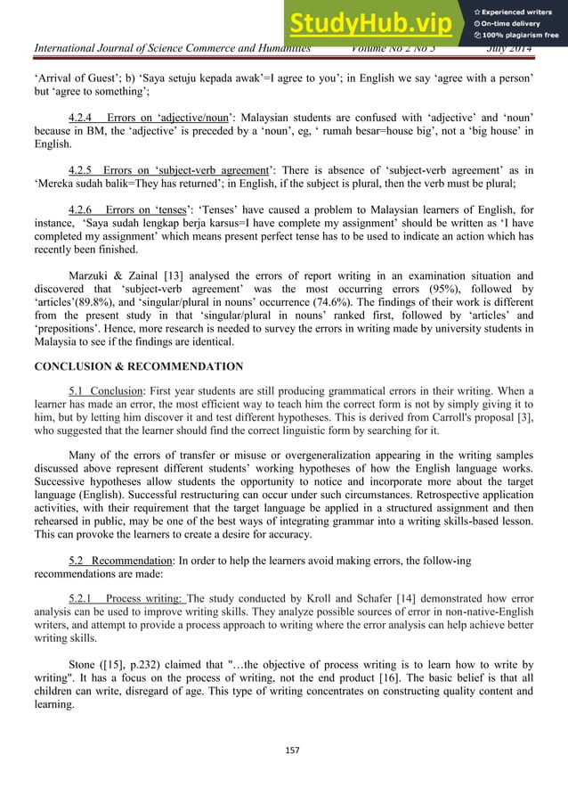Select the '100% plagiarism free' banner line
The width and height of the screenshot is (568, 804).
520,36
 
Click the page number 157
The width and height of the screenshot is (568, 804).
283,750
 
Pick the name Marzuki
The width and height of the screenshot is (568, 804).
93,276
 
